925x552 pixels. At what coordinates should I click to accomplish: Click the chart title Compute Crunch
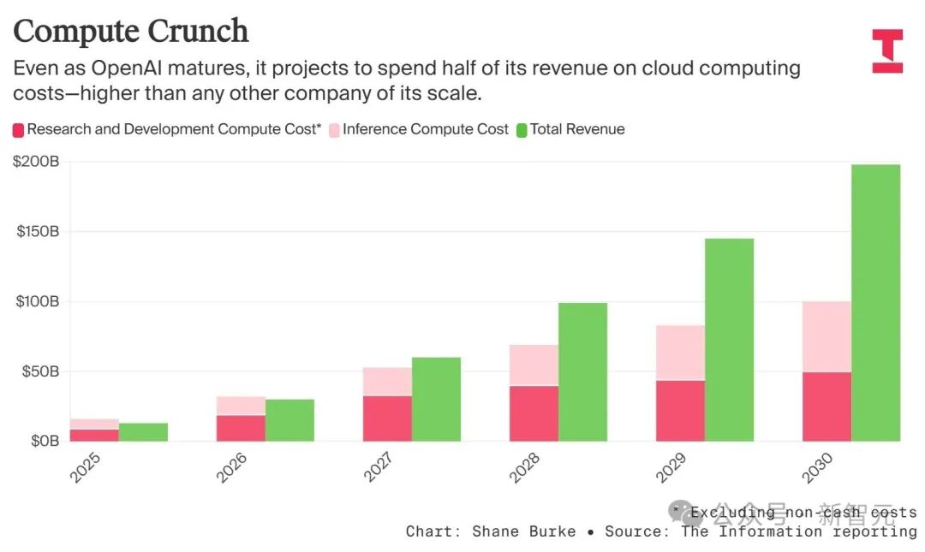131,31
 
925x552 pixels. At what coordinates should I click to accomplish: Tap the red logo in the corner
886,50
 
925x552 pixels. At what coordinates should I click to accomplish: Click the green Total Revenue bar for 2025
143,431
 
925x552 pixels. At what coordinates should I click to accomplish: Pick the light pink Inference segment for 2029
680,353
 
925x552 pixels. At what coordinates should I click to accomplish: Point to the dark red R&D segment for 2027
387,418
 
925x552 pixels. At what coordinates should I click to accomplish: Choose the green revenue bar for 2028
582,371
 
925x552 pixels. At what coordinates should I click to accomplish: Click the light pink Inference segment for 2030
827,336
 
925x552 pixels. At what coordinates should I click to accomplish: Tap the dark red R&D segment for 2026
241,428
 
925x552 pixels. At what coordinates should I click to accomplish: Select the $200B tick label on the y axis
35,161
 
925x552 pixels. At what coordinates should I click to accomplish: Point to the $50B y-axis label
39,371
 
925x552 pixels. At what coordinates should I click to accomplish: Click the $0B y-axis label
42,441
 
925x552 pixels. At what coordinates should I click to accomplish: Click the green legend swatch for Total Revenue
522,130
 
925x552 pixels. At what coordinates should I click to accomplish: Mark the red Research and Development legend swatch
18,130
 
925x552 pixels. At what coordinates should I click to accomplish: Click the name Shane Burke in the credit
523,531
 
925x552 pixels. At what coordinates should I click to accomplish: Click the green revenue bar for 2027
436,399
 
